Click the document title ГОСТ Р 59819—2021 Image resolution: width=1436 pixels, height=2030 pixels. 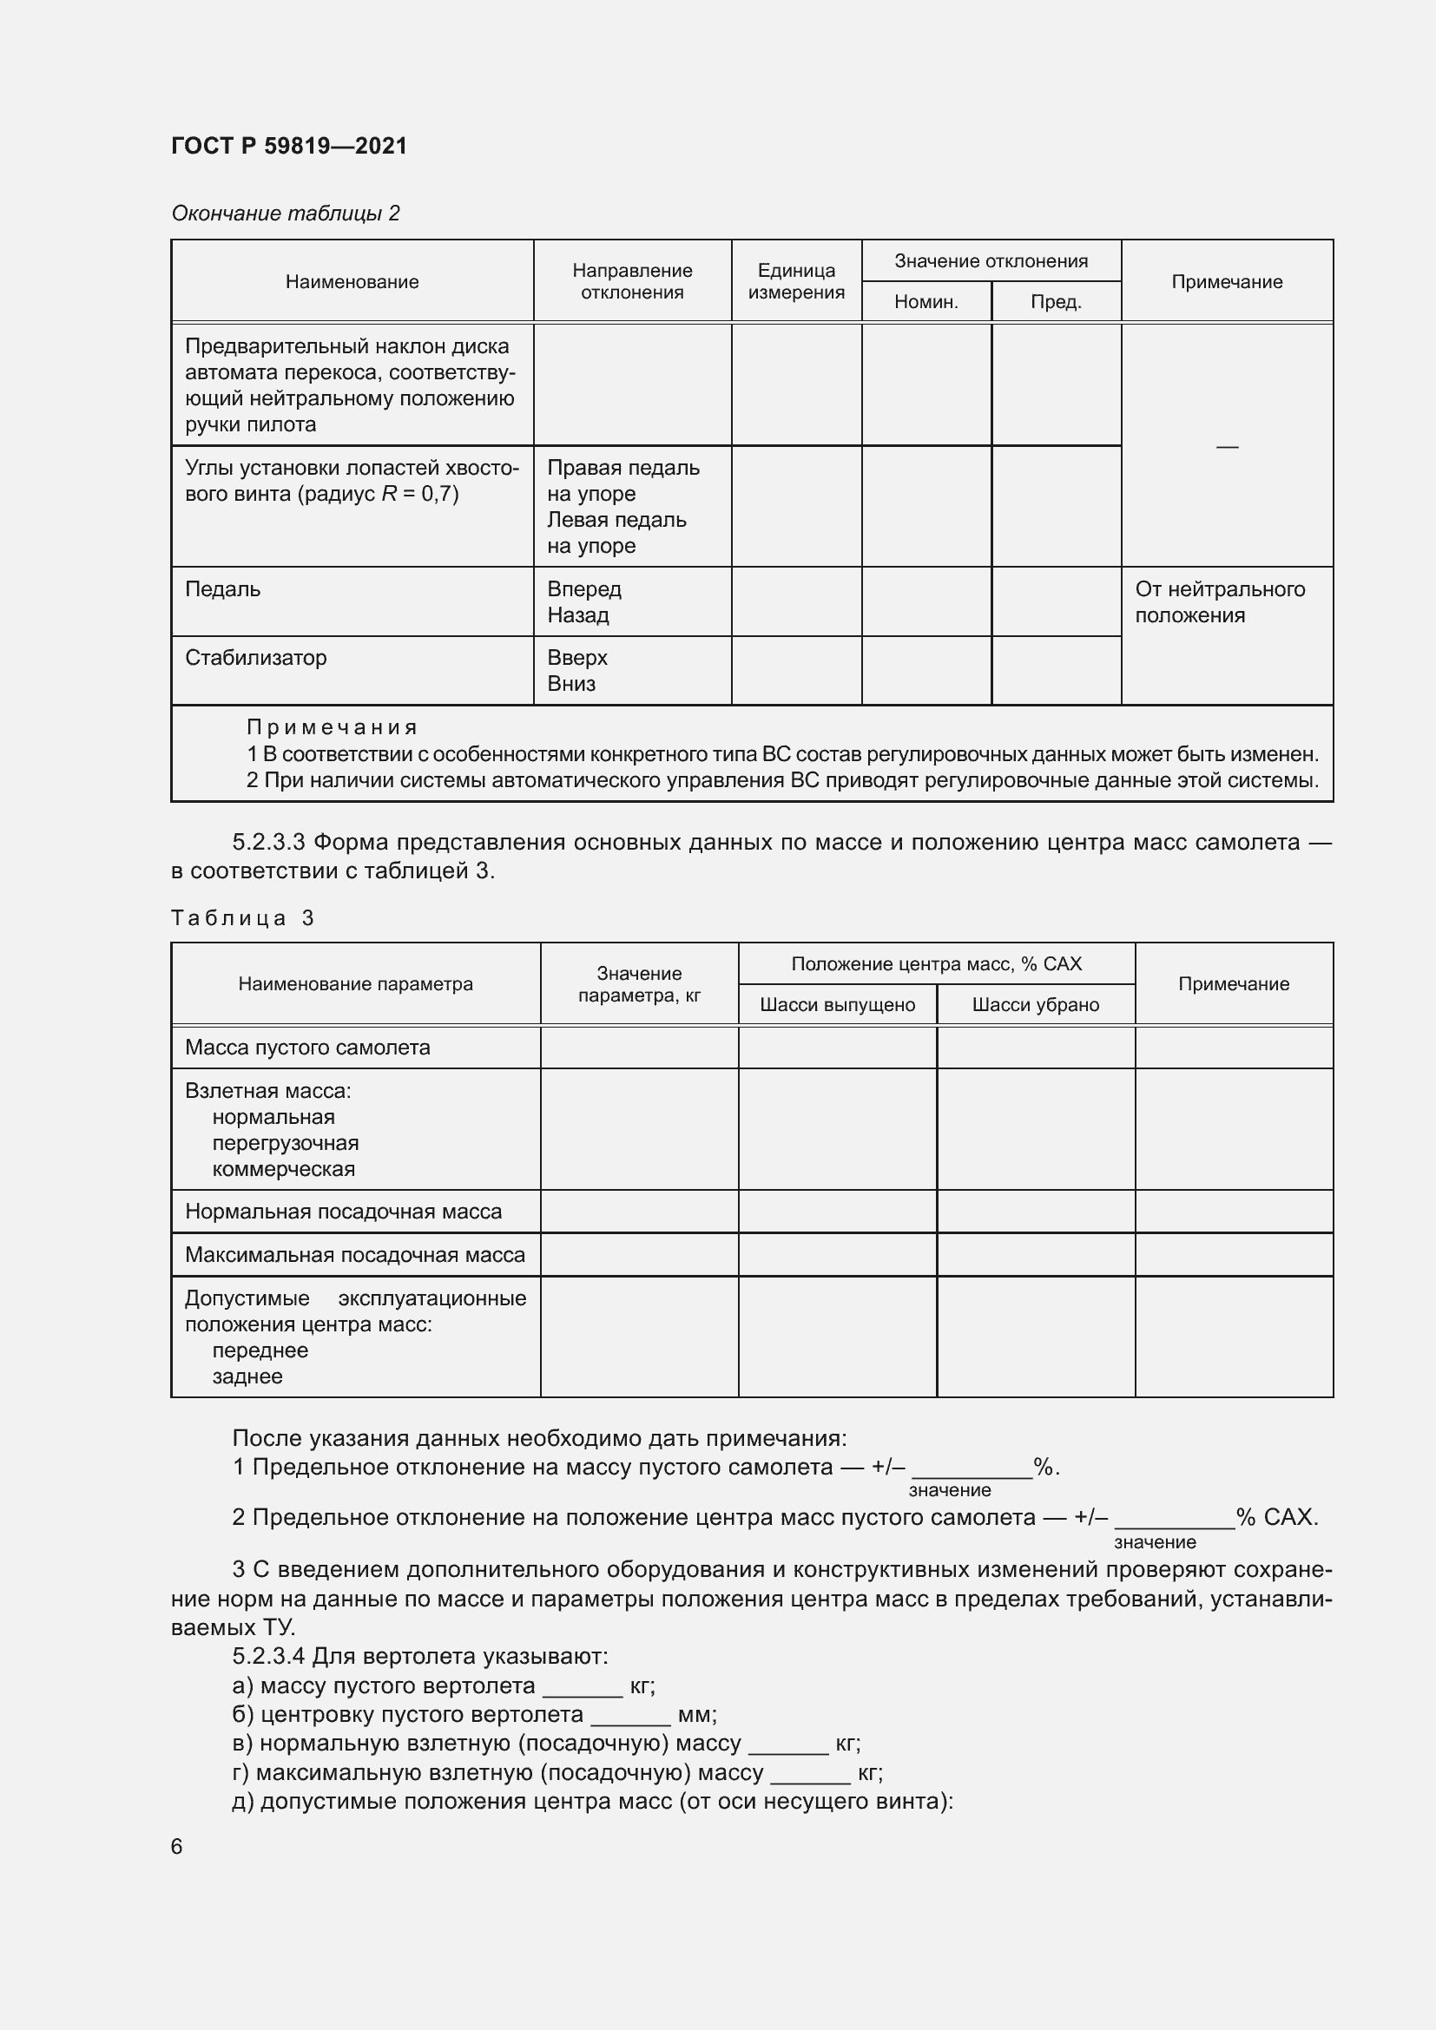click(289, 146)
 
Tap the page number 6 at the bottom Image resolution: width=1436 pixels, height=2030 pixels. click(177, 1846)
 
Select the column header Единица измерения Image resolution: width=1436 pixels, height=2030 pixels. click(796, 281)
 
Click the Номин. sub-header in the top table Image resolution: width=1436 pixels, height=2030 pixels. click(925, 302)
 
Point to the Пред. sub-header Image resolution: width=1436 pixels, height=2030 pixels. click(1056, 302)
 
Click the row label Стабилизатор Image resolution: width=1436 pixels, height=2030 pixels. click(255, 658)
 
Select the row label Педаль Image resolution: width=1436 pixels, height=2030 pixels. click(223, 589)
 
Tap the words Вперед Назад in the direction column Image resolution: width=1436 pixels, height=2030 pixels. click(583, 602)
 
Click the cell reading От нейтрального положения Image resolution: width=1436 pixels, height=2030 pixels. click(1219, 602)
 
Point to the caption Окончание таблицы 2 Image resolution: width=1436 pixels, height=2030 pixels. click(286, 214)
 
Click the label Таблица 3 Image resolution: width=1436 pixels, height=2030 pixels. click(243, 918)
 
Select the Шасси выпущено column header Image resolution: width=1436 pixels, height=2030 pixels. click(837, 1005)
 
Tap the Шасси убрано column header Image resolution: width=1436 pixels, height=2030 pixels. click(1036, 1005)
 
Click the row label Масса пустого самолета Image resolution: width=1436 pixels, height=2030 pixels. click(307, 1048)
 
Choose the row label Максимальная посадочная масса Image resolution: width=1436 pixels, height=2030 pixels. click(354, 1255)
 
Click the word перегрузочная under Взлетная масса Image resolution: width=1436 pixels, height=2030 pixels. click(286, 1143)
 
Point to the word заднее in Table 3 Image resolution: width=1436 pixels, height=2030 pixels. click(247, 1376)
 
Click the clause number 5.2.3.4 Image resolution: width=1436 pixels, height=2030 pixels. click(269, 1656)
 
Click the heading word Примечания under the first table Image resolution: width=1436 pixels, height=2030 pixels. click(332, 727)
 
